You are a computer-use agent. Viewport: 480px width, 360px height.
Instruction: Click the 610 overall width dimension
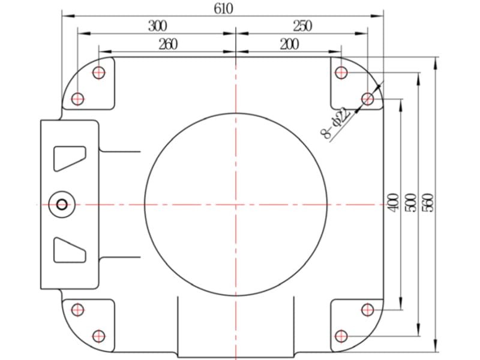[223, 8]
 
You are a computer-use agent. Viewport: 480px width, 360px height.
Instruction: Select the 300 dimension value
[158, 26]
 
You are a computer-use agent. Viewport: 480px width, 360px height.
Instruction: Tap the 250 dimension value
[302, 26]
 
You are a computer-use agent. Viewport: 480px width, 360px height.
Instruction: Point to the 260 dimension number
[168, 44]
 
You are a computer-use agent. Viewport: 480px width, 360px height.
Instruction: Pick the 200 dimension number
[290, 44]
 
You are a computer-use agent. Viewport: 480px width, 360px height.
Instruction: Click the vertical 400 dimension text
[394, 202]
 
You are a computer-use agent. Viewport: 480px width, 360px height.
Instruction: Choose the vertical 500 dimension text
[410, 202]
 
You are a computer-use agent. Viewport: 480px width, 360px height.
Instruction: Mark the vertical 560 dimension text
[428, 202]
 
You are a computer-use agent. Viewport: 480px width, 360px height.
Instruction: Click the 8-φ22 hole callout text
[336, 124]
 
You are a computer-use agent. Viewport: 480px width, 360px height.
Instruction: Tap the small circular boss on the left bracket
[62, 205]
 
